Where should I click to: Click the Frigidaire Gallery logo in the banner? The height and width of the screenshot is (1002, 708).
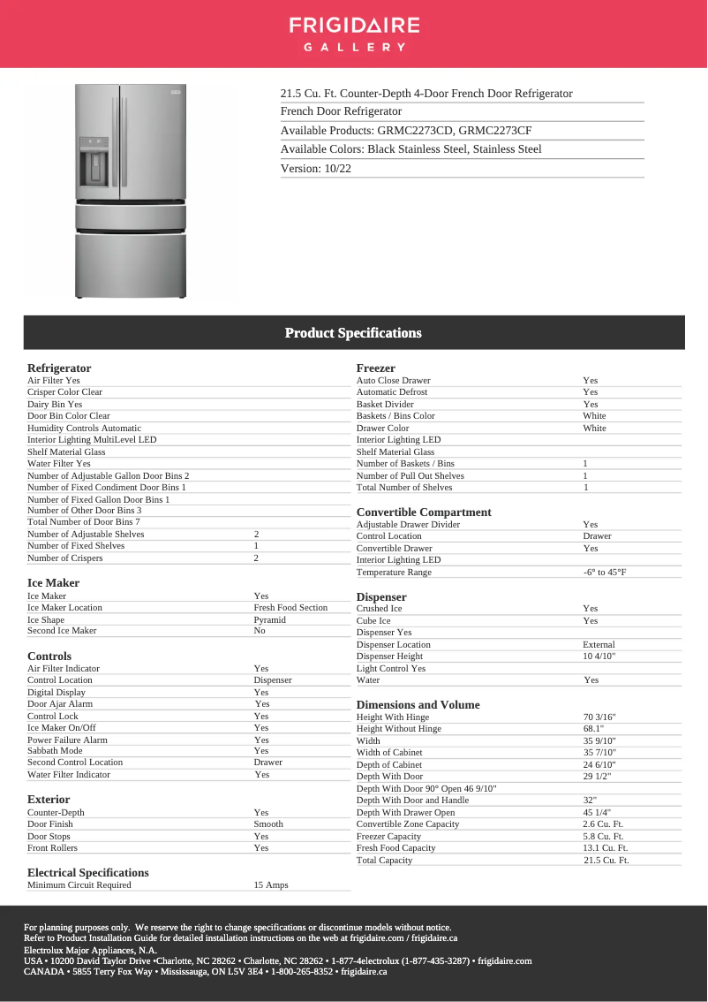[x=353, y=34]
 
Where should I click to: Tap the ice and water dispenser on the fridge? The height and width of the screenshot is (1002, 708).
[x=94, y=162]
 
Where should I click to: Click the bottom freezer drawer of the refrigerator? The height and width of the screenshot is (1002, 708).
[x=131, y=264]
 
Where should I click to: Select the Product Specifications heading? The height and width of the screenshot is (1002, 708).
[x=353, y=333]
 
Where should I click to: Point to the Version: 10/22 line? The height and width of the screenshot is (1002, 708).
[x=316, y=168]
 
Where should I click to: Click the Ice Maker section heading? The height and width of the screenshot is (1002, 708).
[x=53, y=583]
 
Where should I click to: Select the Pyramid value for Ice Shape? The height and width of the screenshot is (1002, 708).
[x=269, y=619]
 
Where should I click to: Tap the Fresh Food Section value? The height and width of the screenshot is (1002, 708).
[x=290, y=608]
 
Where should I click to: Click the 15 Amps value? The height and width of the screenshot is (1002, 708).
[x=271, y=885]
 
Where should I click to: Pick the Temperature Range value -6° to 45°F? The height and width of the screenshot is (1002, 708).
[x=605, y=573]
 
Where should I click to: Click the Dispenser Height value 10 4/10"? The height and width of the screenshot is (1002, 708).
[x=599, y=657]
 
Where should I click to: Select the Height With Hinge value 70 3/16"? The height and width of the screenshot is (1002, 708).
[x=599, y=717]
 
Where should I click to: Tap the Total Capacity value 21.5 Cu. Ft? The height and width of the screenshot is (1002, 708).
[x=606, y=861]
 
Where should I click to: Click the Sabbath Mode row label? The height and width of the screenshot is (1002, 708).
[x=55, y=751]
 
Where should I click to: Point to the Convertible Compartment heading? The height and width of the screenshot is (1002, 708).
[x=424, y=512]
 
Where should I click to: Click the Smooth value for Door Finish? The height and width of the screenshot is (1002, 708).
[x=268, y=824]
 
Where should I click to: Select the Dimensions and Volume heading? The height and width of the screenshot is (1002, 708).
[x=418, y=705]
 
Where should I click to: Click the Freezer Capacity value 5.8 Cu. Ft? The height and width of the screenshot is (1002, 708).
[x=603, y=837]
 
